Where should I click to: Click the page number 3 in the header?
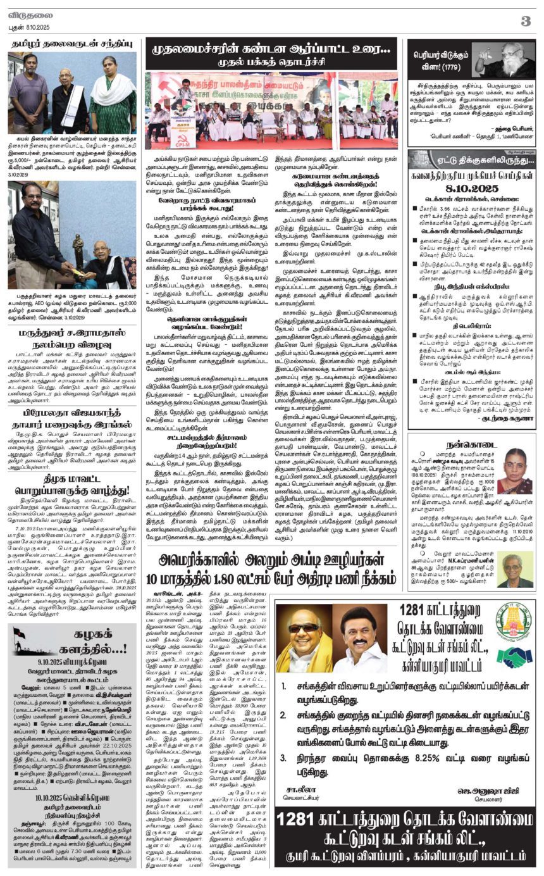(x=525, y=21)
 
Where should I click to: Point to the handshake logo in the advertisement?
(x=514, y=658)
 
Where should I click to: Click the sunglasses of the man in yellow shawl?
(x=304, y=627)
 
